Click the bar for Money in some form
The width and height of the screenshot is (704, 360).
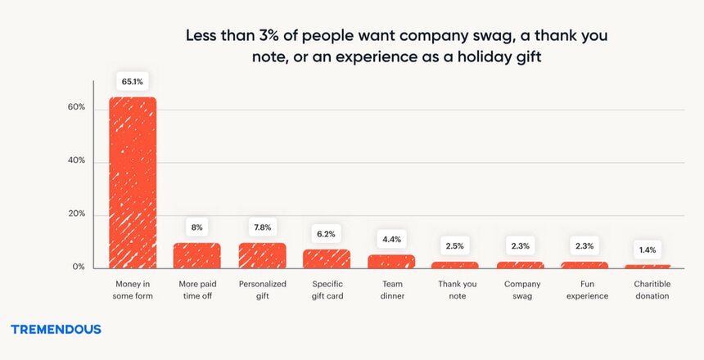(133, 182)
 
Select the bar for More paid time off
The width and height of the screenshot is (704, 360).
(196, 255)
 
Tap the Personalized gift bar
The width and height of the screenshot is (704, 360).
(262, 255)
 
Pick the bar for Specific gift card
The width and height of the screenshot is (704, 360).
(326, 259)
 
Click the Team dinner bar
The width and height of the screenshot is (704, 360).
(390, 261)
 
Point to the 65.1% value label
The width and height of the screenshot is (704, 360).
(133, 82)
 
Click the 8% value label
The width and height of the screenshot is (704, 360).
(196, 227)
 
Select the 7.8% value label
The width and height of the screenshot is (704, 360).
(262, 227)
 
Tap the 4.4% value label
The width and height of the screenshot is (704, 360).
(390, 240)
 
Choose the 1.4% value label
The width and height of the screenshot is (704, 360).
(648, 250)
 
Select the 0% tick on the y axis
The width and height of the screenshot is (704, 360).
(78, 268)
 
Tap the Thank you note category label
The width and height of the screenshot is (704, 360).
(455, 290)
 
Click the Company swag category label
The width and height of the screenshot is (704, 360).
(519, 290)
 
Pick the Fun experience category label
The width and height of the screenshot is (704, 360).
(584, 290)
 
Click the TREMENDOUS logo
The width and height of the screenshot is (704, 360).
(56, 329)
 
